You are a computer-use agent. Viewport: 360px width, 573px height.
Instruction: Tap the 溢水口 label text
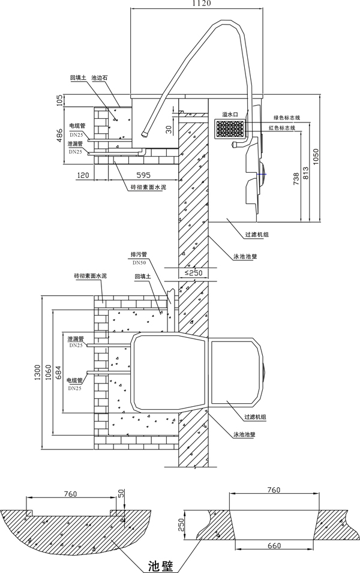pyautogui.click(x=230, y=114)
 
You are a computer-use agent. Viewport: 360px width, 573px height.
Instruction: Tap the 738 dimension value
pyautogui.click(x=295, y=180)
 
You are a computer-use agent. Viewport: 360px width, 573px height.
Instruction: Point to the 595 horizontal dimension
pyautogui.click(x=142, y=176)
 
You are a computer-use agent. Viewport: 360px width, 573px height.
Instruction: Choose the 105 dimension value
pyautogui.click(x=60, y=100)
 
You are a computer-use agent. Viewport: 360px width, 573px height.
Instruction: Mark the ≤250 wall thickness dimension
pyautogui.click(x=193, y=274)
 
